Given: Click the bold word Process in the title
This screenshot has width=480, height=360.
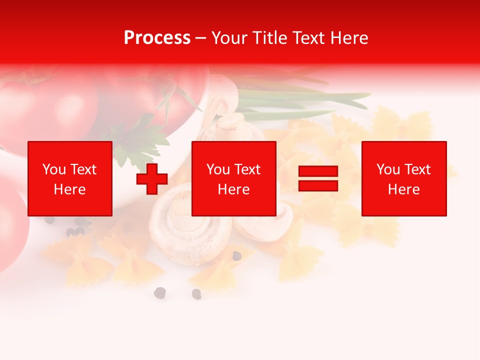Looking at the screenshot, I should click(157, 38).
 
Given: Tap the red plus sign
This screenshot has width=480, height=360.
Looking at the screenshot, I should click(152, 179).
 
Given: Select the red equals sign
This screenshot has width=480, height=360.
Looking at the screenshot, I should click(318, 178).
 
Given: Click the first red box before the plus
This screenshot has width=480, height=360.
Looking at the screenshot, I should click(70, 178).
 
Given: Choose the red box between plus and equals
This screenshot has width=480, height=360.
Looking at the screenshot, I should click(233, 178).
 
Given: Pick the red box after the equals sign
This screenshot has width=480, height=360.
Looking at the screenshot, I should click(403, 178).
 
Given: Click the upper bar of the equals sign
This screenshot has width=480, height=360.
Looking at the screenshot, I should click(318, 171).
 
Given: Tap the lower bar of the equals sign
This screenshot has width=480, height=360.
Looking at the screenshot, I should click(318, 185).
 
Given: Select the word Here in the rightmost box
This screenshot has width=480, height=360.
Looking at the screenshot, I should click(403, 189).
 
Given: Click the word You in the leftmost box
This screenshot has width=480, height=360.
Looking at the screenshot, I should click(54, 169).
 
